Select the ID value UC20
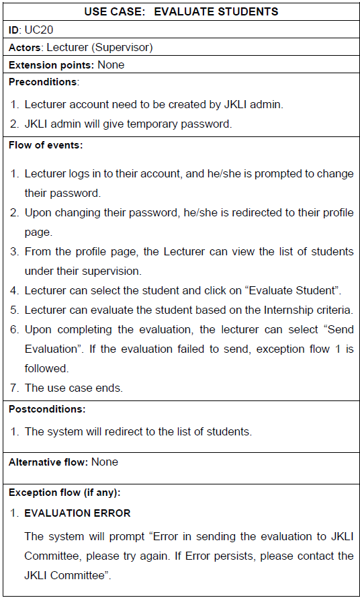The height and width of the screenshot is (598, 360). (38, 30)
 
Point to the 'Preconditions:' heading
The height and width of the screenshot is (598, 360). (44, 82)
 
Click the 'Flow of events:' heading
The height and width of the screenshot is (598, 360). (45, 145)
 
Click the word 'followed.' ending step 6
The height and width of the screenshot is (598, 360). (46, 368)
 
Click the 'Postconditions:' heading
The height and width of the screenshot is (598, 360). (46, 409)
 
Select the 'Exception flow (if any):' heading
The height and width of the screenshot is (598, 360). (64, 493)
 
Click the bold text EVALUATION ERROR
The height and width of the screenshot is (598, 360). (77, 513)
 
